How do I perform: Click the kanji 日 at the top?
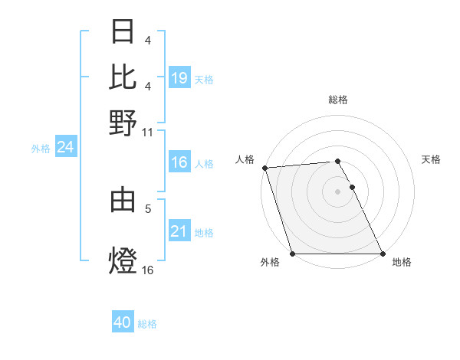(123, 32)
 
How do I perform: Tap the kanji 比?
(123, 77)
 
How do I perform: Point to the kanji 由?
(123, 200)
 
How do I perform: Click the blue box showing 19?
(179, 77)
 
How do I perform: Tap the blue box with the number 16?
(179, 162)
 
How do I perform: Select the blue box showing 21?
(179, 231)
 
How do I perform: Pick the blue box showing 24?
(65, 147)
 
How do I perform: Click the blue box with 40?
(123, 322)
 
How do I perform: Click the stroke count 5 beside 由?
(148, 207)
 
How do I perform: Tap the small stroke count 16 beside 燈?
(148, 269)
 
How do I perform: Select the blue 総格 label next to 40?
(147, 324)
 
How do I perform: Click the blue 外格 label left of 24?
(41, 149)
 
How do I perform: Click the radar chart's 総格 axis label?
(338, 100)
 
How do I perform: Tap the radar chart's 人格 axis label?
(245, 159)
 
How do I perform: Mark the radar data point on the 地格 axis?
(382, 254)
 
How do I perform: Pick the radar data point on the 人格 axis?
(264, 168)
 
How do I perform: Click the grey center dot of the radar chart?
(338, 191)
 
